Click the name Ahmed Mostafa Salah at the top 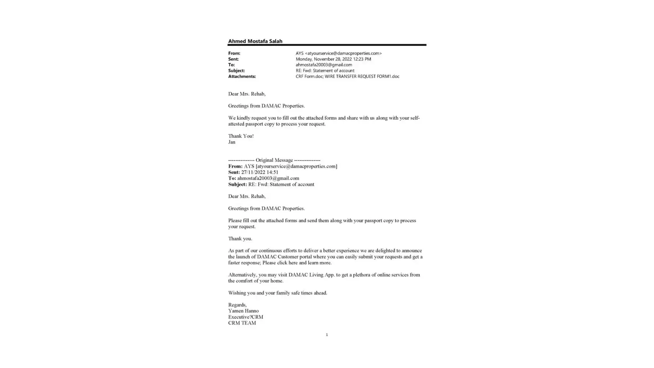click(255, 41)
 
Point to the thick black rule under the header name click(327, 45)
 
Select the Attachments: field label click(242, 77)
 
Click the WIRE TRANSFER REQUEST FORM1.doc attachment click(362, 77)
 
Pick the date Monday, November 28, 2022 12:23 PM click(333, 59)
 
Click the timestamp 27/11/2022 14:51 click(260, 172)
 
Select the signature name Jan click(232, 142)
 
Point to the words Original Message click(274, 160)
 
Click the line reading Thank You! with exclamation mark click(241, 136)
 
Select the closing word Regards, click(237, 305)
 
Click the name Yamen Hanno click(243, 311)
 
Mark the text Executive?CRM click(245, 317)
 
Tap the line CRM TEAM click(242, 323)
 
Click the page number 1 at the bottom click(327, 335)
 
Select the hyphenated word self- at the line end click(414, 118)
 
